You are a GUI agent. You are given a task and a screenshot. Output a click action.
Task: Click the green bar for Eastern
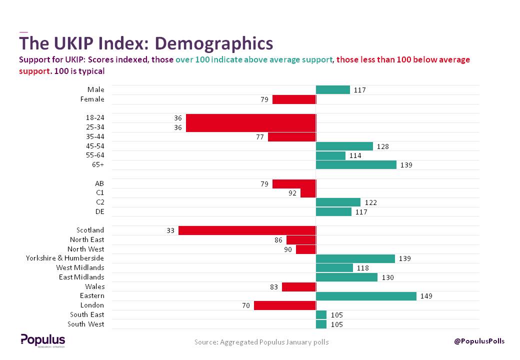tap(366, 296)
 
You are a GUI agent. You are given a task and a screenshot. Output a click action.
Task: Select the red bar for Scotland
tap(247, 230)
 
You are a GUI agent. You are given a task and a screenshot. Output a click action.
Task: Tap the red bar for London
tap(284, 305)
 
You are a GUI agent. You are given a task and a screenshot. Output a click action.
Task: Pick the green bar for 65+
tap(356, 165)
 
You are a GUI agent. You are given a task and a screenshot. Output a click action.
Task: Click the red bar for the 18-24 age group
tap(250, 118)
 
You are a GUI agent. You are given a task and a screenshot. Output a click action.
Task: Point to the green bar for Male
tap(332, 90)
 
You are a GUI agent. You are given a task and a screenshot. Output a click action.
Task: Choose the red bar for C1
tap(308, 193)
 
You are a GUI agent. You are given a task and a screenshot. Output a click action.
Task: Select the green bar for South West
tap(321, 324)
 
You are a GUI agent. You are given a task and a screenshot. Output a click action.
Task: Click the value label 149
tap(426, 296)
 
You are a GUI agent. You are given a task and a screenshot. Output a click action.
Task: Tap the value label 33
tap(170, 230)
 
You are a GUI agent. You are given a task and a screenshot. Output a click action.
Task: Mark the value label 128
tap(383, 146)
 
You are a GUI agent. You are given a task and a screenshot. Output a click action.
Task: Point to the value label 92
tap(292, 193)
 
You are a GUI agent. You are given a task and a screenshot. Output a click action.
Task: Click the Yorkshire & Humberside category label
tap(65, 258)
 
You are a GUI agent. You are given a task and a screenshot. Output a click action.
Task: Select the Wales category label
tap(95, 286)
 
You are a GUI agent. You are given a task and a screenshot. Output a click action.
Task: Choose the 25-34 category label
tap(95, 127)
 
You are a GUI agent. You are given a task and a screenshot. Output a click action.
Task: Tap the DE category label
tap(99, 211)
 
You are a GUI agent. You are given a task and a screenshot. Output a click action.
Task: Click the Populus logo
tap(42, 340)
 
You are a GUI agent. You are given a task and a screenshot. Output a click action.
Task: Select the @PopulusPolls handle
tap(479, 341)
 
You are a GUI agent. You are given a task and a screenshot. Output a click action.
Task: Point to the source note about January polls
tap(261, 342)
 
